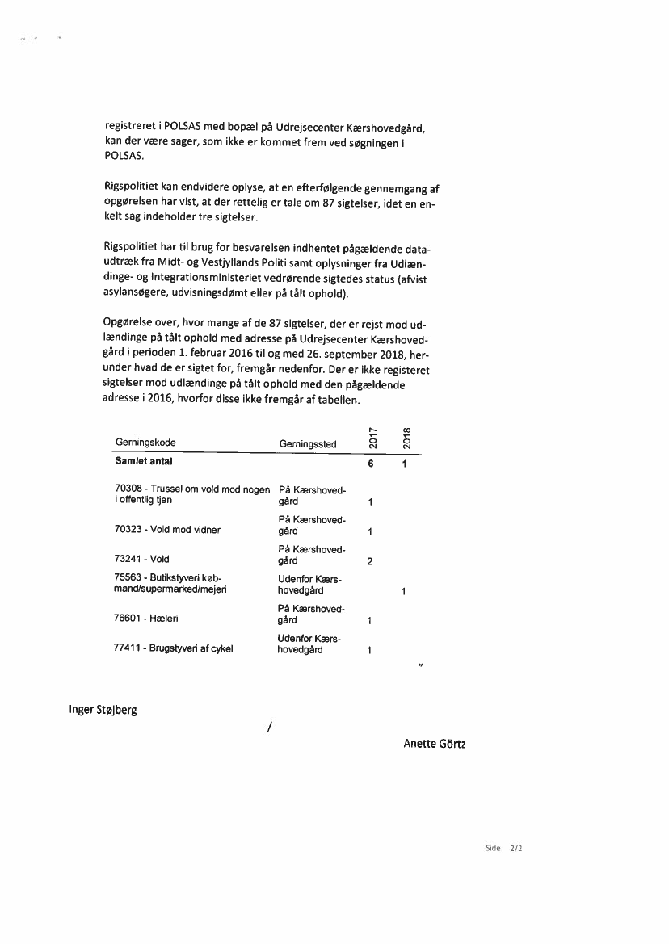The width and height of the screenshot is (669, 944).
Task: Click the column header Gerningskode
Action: (145, 443)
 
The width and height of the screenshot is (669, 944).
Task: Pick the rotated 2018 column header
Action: (407, 436)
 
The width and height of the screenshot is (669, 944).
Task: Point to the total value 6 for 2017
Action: (369, 464)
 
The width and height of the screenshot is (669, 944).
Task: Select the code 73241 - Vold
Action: (142, 558)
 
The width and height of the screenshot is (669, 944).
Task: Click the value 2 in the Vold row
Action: (369, 562)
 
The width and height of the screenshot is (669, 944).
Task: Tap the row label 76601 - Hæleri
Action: (147, 619)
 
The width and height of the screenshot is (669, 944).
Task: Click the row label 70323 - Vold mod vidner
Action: (167, 530)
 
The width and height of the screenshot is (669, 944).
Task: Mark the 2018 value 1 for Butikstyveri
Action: (403, 592)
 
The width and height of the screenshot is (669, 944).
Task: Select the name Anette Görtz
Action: (434, 744)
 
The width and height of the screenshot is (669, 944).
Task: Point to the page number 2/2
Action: (517, 849)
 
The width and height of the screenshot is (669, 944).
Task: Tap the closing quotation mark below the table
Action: (421, 666)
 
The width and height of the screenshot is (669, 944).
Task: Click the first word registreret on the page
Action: (133, 128)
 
